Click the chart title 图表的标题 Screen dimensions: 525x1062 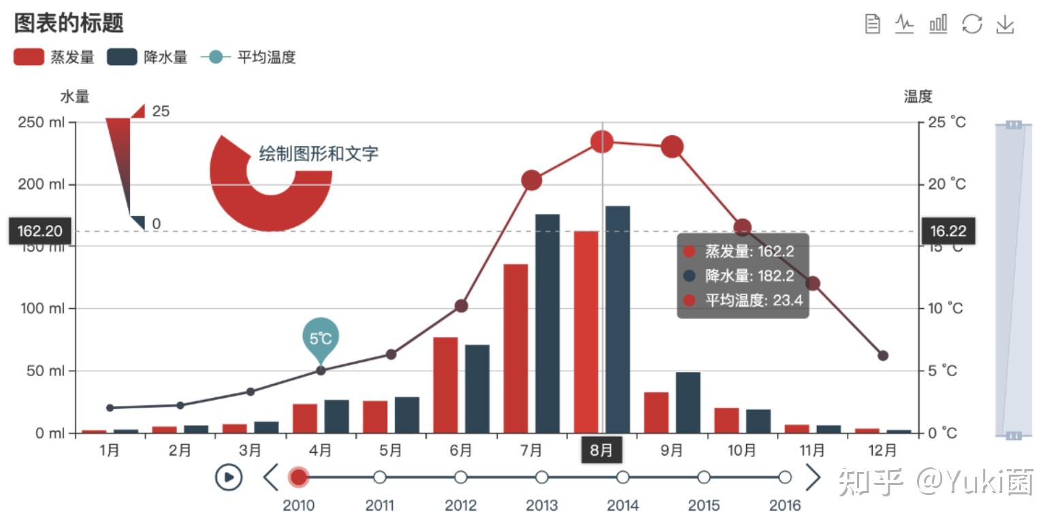point(69,23)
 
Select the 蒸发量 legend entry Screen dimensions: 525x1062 point(54,57)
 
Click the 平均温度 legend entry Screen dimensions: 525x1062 point(248,57)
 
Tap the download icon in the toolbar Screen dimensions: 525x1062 point(1005,24)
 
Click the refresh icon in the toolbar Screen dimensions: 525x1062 point(972,24)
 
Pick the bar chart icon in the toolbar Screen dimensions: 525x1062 point(938,24)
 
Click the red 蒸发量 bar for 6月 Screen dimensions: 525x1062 point(445,385)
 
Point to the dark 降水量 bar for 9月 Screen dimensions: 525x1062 point(688,403)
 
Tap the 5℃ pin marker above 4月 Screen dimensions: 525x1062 point(321,337)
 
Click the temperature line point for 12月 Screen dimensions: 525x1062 point(883,356)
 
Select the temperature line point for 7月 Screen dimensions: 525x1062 point(532,180)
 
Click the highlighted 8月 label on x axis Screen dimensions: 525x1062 point(601,450)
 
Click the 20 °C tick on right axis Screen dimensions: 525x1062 point(947,184)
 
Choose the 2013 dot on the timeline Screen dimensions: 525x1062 point(542,477)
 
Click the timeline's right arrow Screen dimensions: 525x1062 point(813,477)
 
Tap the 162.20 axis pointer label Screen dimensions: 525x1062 point(39,231)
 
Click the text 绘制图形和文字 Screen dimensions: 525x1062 point(318,154)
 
